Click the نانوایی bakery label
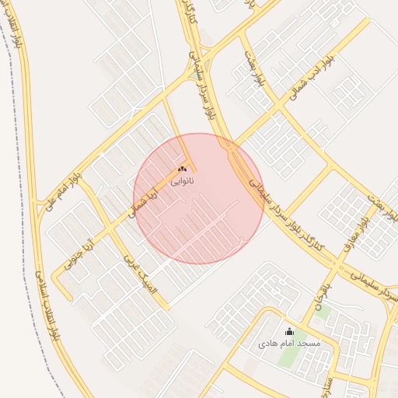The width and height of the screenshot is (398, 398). pyautogui.click(x=183, y=180)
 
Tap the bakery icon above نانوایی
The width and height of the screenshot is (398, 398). pyautogui.click(x=183, y=168)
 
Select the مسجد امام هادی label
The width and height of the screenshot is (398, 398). pyautogui.click(x=289, y=342)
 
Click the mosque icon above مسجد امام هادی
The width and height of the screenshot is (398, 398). pyautogui.click(x=290, y=331)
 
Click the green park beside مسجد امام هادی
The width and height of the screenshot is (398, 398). pyautogui.click(x=289, y=354)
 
